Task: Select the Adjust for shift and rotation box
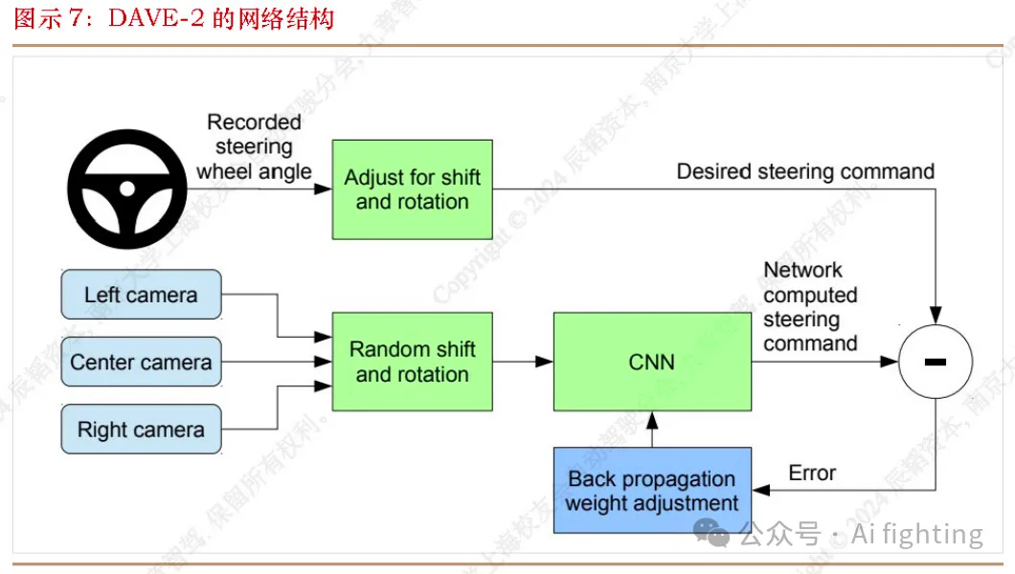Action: pos(412,189)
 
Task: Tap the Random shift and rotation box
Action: pos(412,362)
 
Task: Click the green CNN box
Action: pos(652,362)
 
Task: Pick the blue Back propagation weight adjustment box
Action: pos(652,491)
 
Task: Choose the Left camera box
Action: pos(141,295)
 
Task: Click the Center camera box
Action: pos(141,363)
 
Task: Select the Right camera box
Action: pos(141,430)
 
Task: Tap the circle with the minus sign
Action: pos(936,362)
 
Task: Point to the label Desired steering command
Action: pos(805,171)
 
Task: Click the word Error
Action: pos(812,473)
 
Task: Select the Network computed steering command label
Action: pos(810,307)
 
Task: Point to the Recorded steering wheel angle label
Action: pos(254,147)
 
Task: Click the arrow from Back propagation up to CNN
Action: pos(652,430)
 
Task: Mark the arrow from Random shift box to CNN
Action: pos(523,362)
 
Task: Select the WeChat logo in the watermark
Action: pos(713,533)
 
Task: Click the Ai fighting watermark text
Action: pos(916,534)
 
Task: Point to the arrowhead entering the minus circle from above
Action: pos(936,315)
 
